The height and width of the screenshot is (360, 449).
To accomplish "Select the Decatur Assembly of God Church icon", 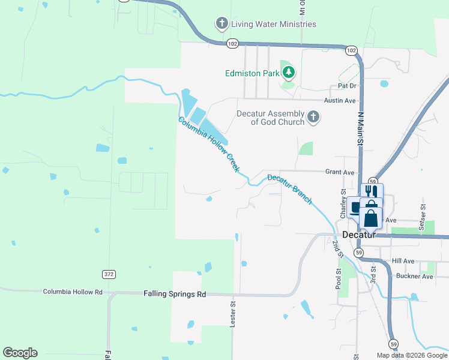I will click(313, 117).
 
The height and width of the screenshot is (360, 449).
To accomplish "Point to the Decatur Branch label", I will click(290, 188).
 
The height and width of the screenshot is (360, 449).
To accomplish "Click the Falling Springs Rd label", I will click(175, 294).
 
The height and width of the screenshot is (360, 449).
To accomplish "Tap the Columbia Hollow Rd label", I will click(73, 292).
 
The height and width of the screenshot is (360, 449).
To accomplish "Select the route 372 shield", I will click(109, 274).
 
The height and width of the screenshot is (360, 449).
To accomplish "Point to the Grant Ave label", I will click(340, 172).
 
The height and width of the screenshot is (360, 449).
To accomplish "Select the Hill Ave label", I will click(403, 261).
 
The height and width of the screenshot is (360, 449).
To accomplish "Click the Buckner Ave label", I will click(414, 277).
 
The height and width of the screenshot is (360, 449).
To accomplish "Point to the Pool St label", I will click(339, 279).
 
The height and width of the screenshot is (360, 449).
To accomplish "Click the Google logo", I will click(20, 353).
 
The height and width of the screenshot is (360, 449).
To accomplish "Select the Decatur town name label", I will click(358, 235).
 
